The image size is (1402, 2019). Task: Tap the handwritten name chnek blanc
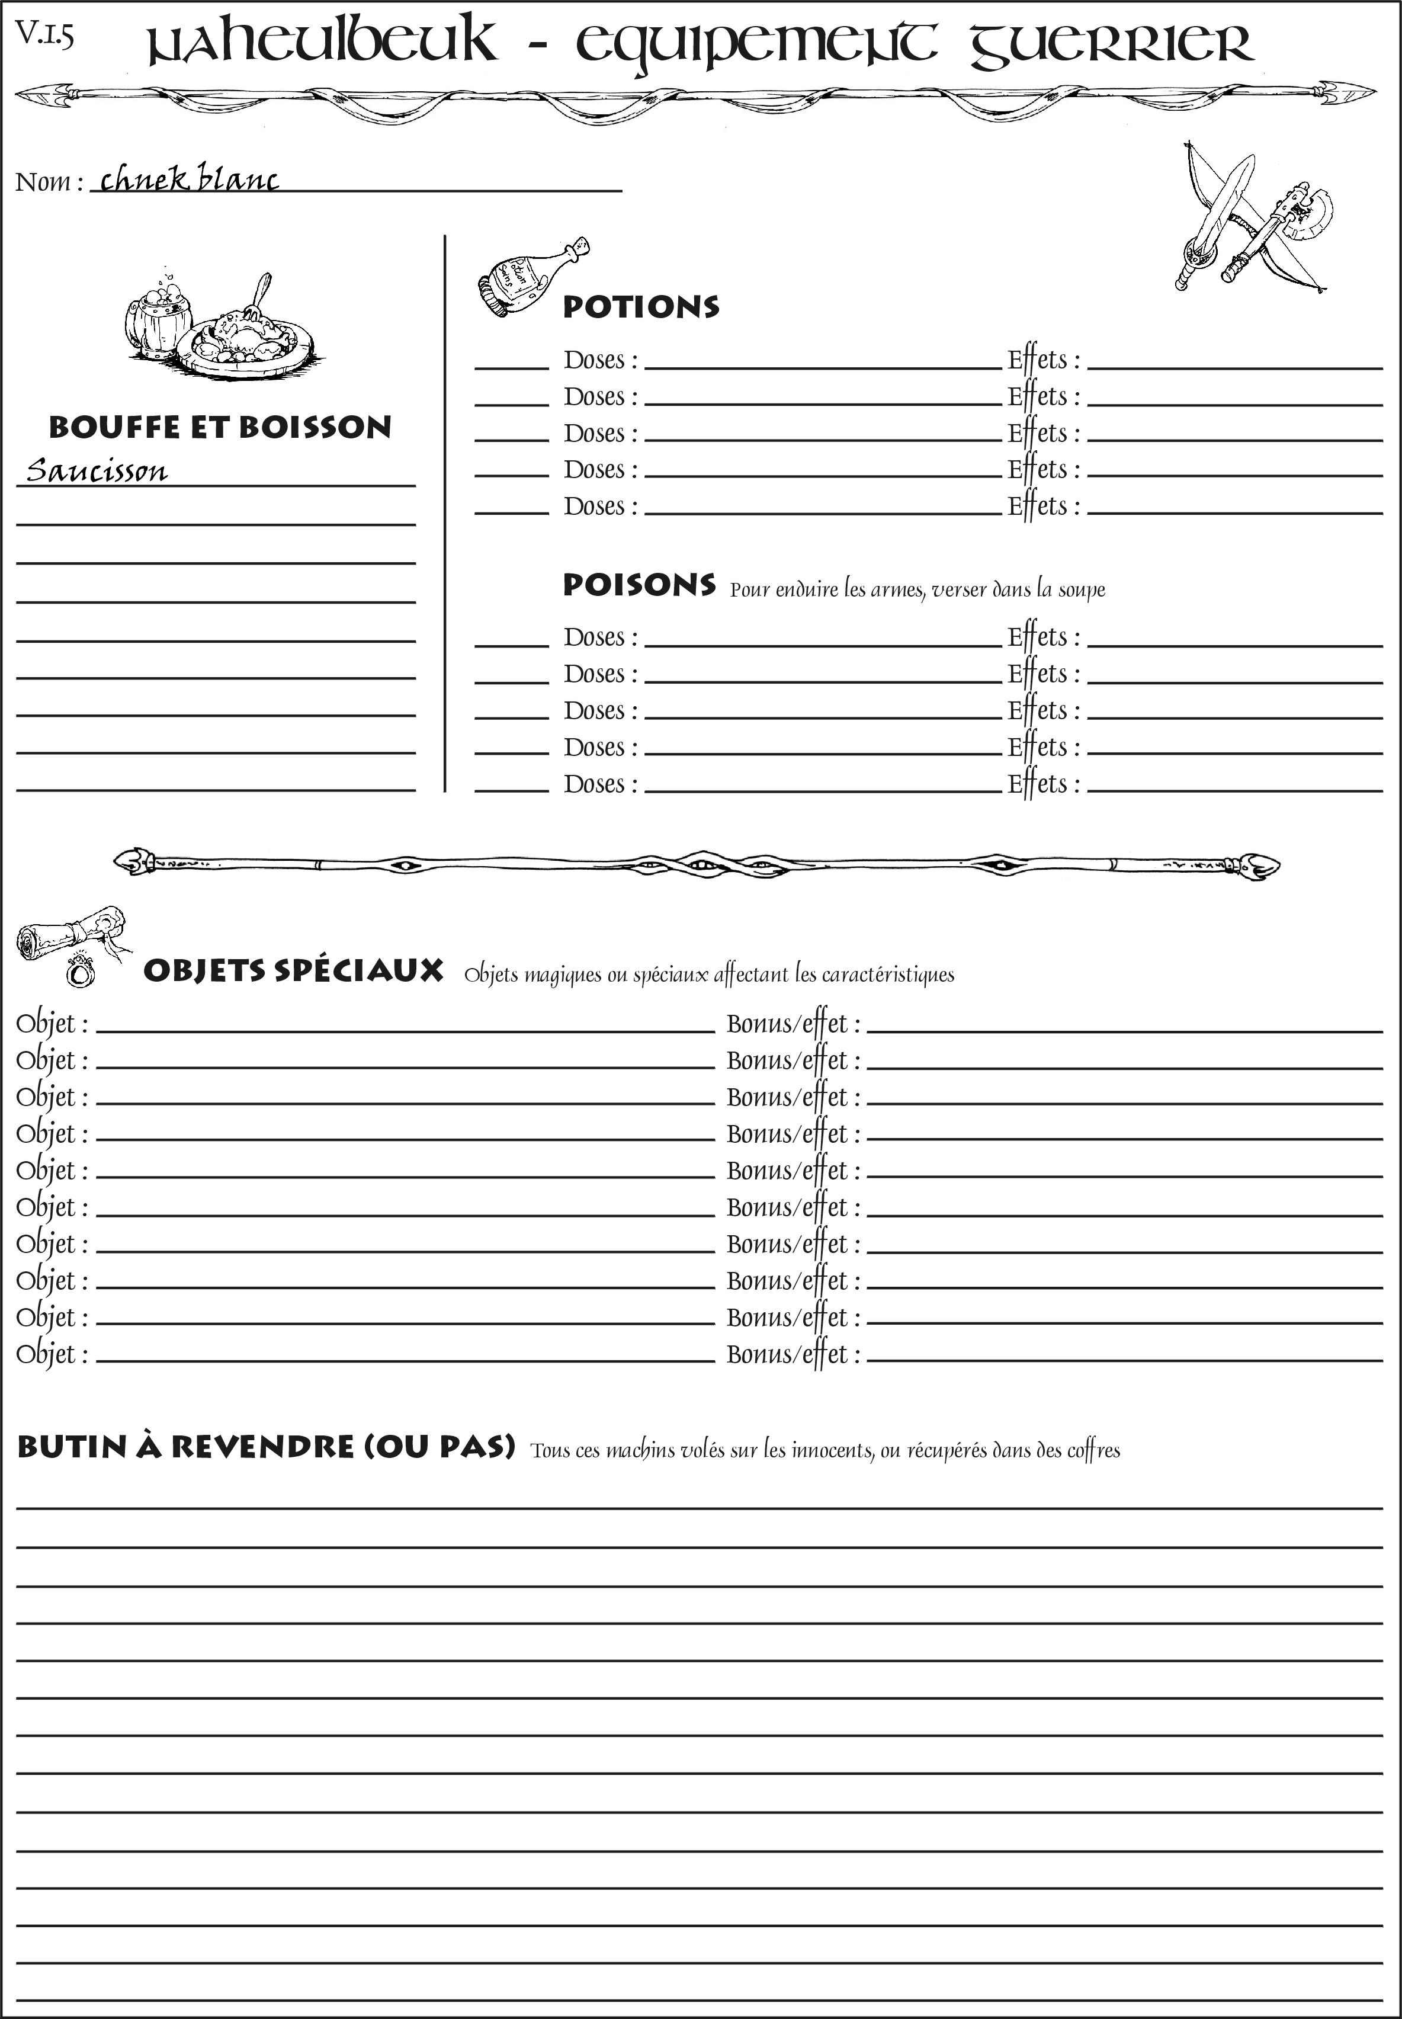(x=190, y=180)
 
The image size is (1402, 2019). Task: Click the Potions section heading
(x=640, y=307)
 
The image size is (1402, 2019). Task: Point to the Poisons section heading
(x=639, y=585)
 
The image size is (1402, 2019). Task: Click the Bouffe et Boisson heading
(x=220, y=427)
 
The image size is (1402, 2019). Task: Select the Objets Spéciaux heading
(x=293, y=971)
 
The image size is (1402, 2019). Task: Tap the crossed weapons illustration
(x=1252, y=220)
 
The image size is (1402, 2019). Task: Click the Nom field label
(x=49, y=182)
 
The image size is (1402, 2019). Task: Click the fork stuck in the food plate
(x=259, y=294)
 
